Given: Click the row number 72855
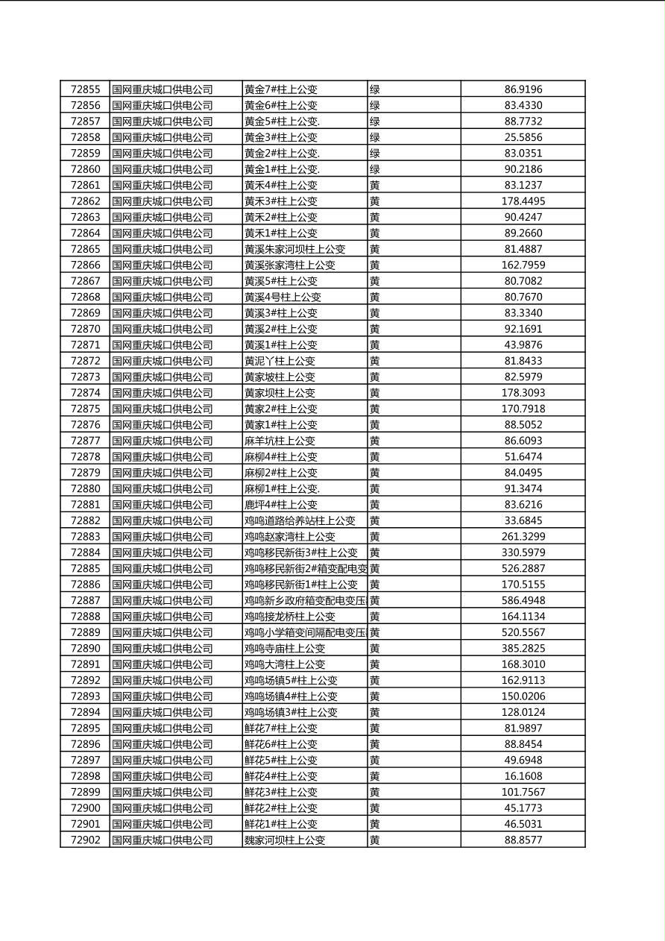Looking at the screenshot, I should (85, 89).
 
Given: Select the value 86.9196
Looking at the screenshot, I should (523, 89).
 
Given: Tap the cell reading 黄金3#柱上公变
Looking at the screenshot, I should (281, 137).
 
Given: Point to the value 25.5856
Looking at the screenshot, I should (523, 137).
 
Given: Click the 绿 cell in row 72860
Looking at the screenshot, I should (375, 169).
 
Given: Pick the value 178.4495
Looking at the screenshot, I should (523, 201).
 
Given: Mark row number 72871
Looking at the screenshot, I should (85, 344).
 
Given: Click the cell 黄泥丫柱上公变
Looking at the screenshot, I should (280, 361).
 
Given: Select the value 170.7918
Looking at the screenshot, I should (523, 409).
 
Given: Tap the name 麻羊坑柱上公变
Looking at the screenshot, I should (280, 441).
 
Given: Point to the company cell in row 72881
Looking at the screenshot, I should (163, 505).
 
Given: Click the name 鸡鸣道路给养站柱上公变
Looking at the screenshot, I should (300, 520).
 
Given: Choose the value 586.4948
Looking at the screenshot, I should (523, 600).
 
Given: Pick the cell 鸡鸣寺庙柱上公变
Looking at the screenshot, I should (285, 649).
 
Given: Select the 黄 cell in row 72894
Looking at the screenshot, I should (375, 712).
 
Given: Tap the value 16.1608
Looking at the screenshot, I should (523, 776).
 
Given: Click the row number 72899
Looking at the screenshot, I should (85, 792).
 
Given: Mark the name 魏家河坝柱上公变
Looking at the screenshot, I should (285, 840).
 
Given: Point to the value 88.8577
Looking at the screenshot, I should (523, 840).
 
